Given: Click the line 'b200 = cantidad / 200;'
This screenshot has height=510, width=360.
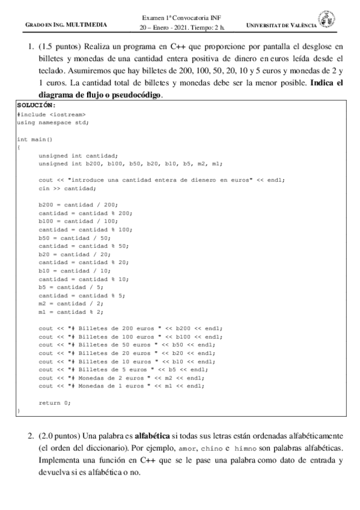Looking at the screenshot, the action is [x=79, y=204].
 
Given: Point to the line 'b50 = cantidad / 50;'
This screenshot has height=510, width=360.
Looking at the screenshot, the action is [x=75, y=238].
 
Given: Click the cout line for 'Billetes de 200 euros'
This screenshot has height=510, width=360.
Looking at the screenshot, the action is [x=131, y=328].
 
